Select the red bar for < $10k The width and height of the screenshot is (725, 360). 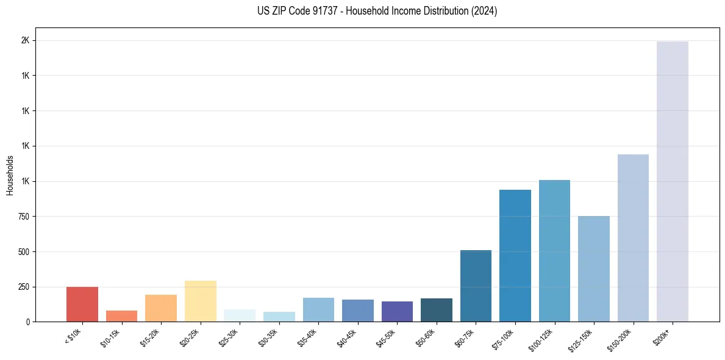pyautogui.click(x=82, y=304)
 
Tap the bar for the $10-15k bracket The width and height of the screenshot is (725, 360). pyautogui.click(x=121, y=316)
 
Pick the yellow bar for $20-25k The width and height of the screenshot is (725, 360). pyautogui.click(x=200, y=301)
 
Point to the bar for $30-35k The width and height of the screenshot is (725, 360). pyautogui.click(x=279, y=317)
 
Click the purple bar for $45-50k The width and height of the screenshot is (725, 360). pyautogui.click(x=397, y=311)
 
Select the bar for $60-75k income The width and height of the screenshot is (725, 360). pyautogui.click(x=476, y=286)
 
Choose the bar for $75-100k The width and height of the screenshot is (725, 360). pyautogui.click(x=515, y=256)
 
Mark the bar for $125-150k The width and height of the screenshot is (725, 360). pyautogui.click(x=593, y=268)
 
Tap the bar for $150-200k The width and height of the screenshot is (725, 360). pyautogui.click(x=633, y=238)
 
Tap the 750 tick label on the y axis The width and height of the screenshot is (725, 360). pyautogui.click(x=24, y=217)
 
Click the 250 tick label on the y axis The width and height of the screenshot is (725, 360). pyautogui.click(x=24, y=287)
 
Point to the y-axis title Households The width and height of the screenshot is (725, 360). pyautogui.click(x=10, y=175)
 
